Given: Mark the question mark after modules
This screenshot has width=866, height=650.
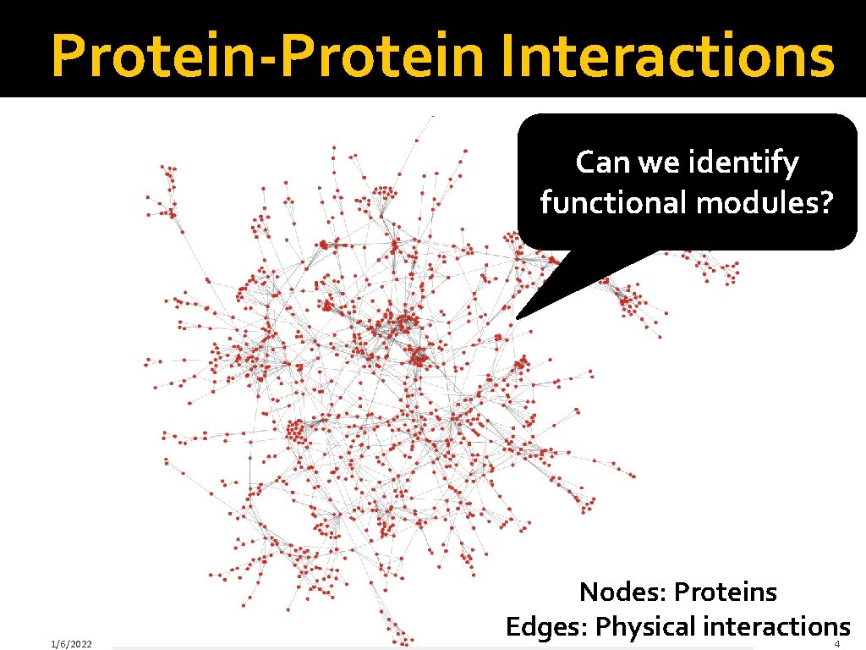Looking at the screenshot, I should pyautogui.click(x=826, y=203).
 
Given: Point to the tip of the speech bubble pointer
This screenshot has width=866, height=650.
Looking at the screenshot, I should pyautogui.click(x=517, y=318).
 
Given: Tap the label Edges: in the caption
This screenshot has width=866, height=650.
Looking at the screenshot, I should pyautogui.click(x=547, y=627).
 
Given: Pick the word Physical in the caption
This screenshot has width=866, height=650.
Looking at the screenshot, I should pyautogui.click(x=646, y=628).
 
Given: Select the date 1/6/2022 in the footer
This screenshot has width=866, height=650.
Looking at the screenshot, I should pyautogui.click(x=71, y=644).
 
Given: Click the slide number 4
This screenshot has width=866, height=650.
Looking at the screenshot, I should pyautogui.click(x=836, y=644).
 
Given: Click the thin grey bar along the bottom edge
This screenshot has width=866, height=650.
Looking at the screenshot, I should pyautogui.click(x=431, y=648).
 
